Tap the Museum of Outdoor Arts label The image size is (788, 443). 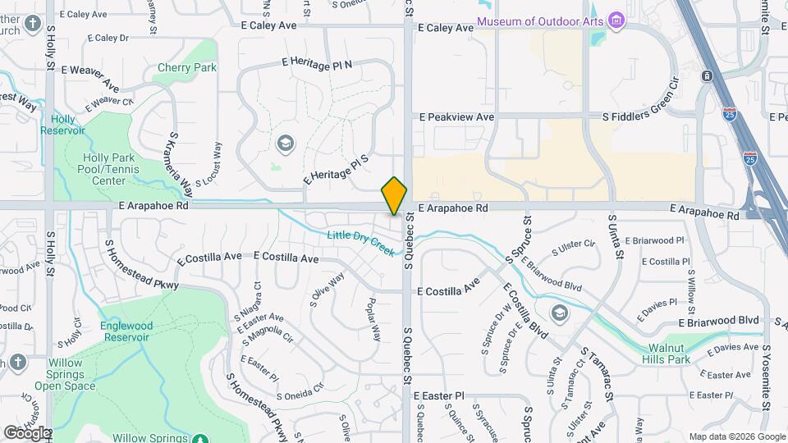(x=540, y=21)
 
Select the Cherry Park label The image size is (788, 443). (x=186, y=67)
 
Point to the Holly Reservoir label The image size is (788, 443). (x=63, y=125)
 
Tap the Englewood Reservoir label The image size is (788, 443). (x=126, y=331)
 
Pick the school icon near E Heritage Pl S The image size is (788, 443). (x=285, y=144)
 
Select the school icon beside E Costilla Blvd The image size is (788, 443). (x=559, y=313)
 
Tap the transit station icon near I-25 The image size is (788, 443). (x=707, y=76)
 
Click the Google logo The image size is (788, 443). (x=26, y=432)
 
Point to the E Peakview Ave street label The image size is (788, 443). (x=456, y=117)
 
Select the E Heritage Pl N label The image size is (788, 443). (x=317, y=64)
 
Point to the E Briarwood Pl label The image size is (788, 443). (x=654, y=240)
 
